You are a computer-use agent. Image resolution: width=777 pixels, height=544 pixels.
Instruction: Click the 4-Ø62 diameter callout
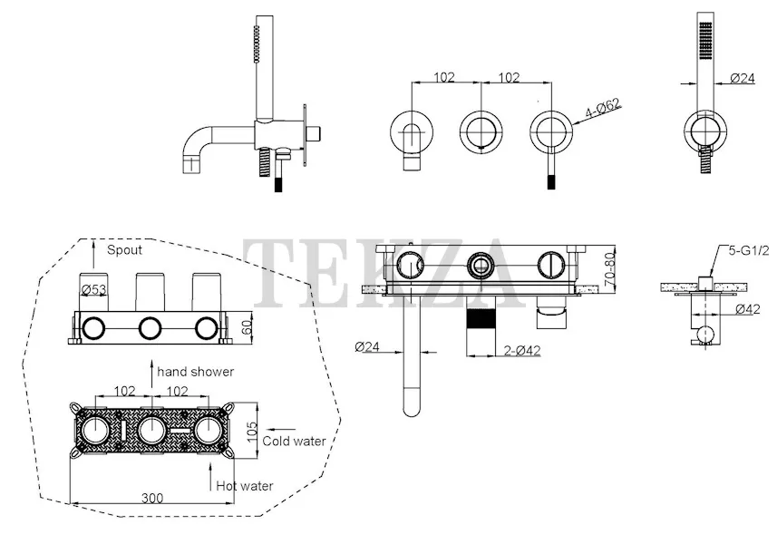pos(601,113)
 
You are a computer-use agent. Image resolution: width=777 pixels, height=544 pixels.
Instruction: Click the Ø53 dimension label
pos(96,290)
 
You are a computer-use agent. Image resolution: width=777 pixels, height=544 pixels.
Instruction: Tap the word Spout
pos(124,248)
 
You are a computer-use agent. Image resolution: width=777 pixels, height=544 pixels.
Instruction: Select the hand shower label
pos(195,372)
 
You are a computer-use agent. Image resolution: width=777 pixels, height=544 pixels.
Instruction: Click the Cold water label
pos(294,442)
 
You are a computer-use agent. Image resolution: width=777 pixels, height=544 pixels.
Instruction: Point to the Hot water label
pos(244,486)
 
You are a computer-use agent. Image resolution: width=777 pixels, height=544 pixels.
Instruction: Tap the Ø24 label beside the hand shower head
pos(743,79)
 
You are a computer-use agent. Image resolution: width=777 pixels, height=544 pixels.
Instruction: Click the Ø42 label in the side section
pos(747,309)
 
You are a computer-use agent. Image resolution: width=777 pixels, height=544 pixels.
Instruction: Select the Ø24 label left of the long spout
pos(367,346)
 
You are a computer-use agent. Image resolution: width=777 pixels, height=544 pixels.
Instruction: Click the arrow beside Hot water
pos(211,471)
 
